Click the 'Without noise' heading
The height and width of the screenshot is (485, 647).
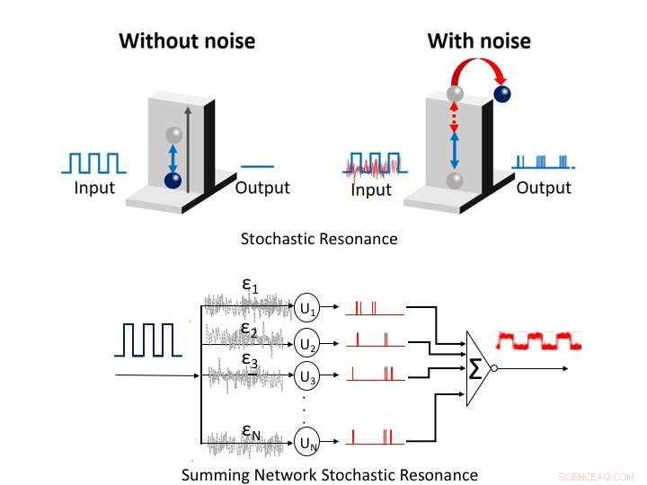[187, 40]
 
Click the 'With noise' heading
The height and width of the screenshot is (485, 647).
[478, 40]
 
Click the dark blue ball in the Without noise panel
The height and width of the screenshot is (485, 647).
[173, 180]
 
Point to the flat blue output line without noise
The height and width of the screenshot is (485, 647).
[258, 165]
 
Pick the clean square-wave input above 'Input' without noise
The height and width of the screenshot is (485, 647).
[93, 163]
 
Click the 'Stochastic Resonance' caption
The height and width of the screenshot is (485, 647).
[318, 239]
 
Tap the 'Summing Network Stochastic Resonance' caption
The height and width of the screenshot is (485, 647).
[329, 473]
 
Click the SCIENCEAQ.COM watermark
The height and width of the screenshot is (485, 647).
[596, 477]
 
